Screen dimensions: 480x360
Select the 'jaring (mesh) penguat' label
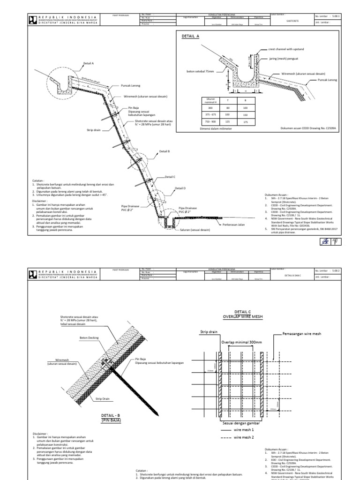tap(283, 59)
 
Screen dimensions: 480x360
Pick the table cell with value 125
tap(228, 121)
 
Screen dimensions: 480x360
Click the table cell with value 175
tap(245, 121)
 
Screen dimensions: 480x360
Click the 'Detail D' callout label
tap(180, 188)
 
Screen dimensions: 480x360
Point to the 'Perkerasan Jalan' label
tap(236, 225)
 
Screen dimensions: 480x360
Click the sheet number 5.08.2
tap(337, 270)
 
